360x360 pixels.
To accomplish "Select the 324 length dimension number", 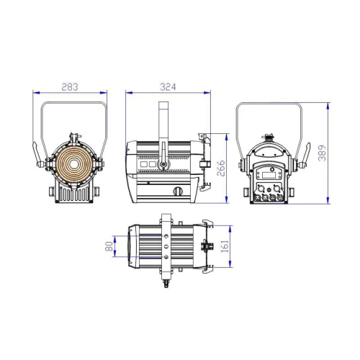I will click(168, 86).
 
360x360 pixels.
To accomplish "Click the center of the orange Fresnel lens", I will click(71, 161).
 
